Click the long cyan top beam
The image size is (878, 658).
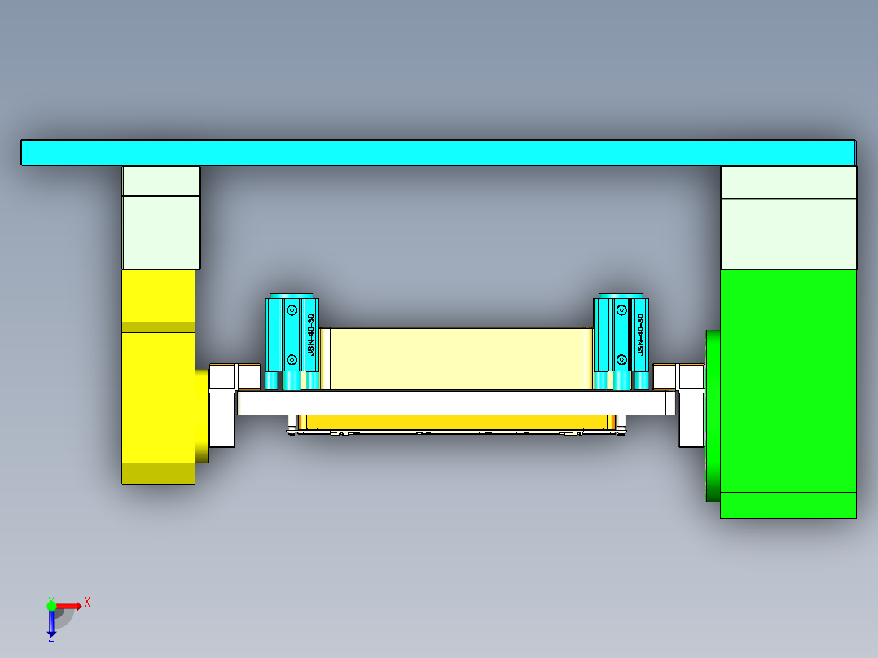pos(438,152)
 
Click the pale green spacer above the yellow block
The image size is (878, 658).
pos(160,232)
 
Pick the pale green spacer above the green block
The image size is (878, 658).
pos(788,234)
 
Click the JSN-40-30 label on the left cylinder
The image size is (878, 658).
pos(310,335)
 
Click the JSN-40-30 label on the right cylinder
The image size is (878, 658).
pos(640,334)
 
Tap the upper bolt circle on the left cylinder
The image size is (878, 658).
pos(292,309)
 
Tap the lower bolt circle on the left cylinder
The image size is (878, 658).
pos(292,358)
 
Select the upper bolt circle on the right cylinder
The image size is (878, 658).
pos(621,309)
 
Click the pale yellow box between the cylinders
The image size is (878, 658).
pos(456,358)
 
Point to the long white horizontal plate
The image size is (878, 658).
pos(456,403)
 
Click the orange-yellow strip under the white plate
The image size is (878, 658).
pos(456,422)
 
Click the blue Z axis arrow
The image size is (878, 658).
pos(51,623)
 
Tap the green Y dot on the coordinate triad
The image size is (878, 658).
pos(51,605)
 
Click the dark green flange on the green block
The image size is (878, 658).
pos(712,415)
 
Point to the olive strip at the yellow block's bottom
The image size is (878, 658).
pos(158,473)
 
